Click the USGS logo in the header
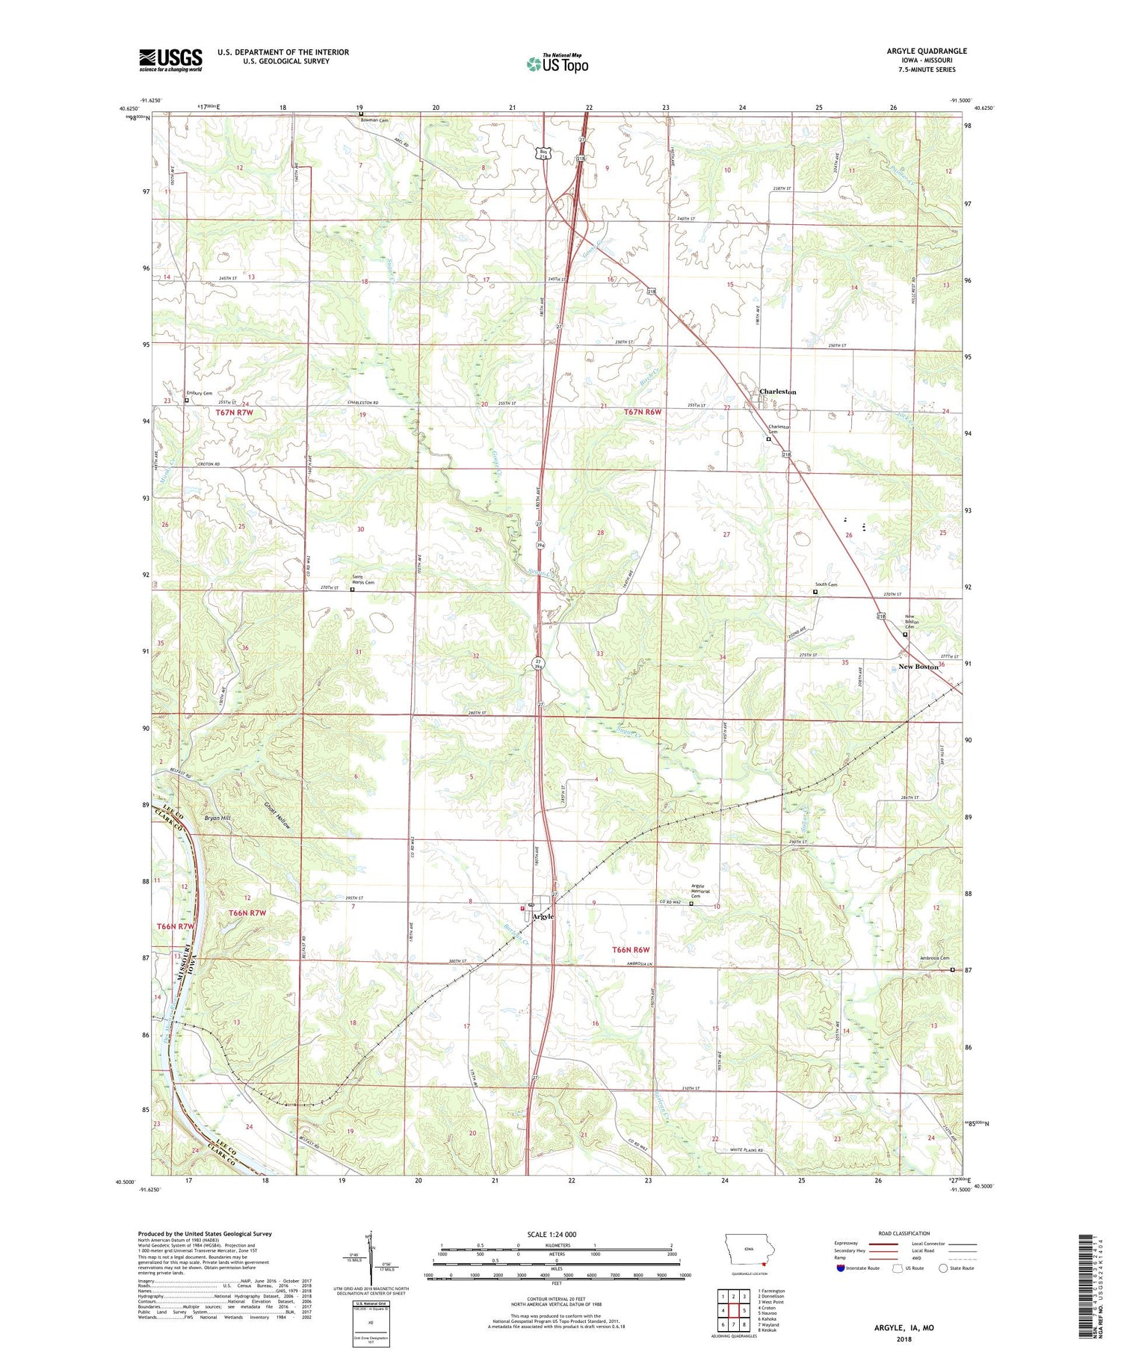pos(170,59)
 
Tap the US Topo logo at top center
pos(557,64)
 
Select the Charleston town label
pos(777,392)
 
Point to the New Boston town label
pos(918,667)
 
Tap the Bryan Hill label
pos(217,818)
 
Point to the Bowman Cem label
pos(374,120)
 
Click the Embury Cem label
pos(200,393)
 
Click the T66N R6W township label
pos(631,950)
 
